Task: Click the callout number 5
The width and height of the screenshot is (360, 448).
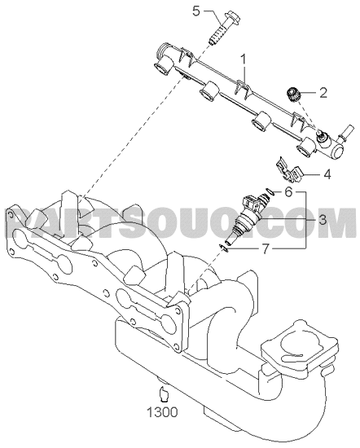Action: [x=196, y=11]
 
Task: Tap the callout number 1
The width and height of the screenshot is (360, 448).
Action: [x=244, y=59]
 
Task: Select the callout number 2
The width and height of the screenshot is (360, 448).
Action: [x=323, y=93]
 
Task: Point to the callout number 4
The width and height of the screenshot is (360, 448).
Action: [x=327, y=174]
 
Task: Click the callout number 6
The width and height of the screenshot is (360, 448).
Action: [x=288, y=192]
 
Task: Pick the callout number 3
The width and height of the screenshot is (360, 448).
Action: [x=323, y=220]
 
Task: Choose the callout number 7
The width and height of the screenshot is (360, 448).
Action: [x=266, y=249]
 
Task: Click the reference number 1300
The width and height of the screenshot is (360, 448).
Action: [x=162, y=412]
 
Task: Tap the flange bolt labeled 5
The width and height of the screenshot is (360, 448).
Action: [x=224, y=28]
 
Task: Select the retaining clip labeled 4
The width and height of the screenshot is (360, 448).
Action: [x=289, y=172]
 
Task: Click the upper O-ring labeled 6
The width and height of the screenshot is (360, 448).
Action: [x=270, y=192]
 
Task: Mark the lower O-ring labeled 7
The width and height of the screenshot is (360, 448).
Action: [x=224, y=248]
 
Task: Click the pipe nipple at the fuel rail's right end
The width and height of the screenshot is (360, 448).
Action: [x=345, y=132]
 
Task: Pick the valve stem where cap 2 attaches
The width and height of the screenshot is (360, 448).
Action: [x=321, y=135]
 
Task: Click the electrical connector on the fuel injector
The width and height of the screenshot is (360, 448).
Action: [x=250, y=203]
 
